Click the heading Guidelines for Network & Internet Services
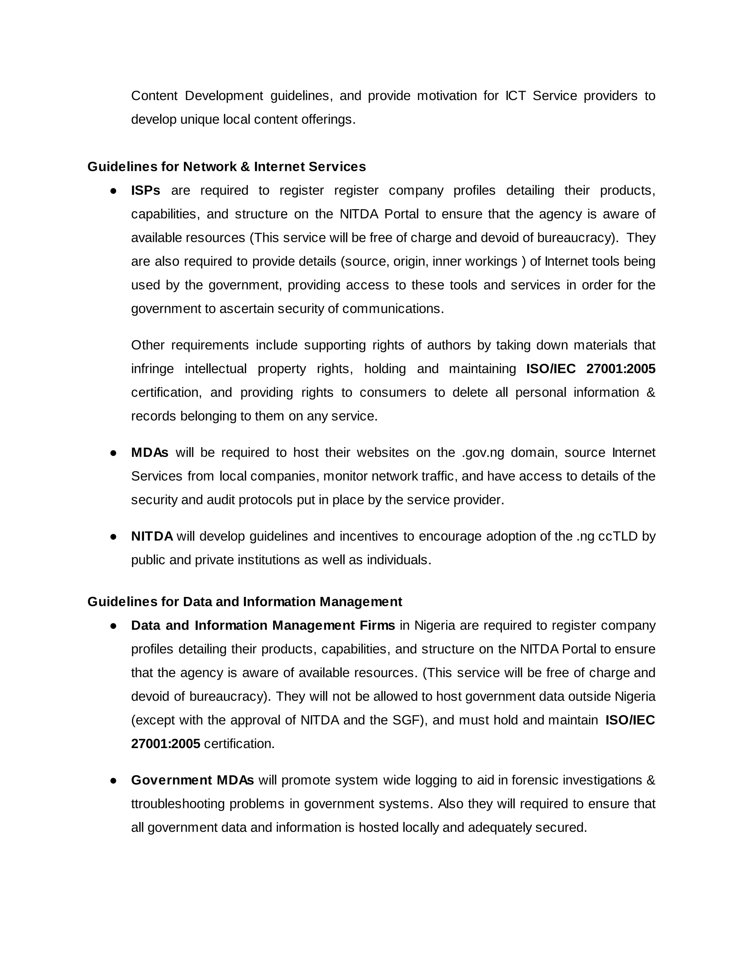pyautogui.click(x=226, y=167)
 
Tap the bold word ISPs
pyautogui.click(x=145, y=190)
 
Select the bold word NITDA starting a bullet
pyautogui.click(x=152, y=536)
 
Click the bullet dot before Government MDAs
pyautogui.click(x=113, y=780)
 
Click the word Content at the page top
pyautogui.click(x=154, y=96)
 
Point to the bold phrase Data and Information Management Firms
pyautogui.click(x=263, y=625)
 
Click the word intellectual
pyautogui.click(x=216, y=369)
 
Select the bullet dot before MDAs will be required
pyautogui.click(x=113, y=453)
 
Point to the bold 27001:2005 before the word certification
pyautogui.click(x=165, y=744)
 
